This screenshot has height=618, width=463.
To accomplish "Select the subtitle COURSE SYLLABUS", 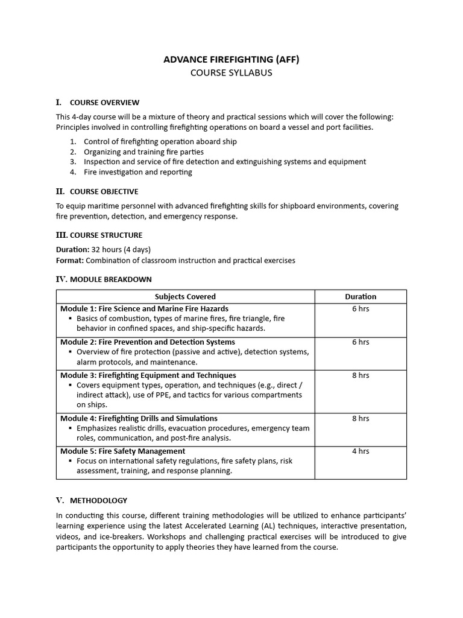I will point(231,73).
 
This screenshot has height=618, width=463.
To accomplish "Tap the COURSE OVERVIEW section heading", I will point(104,103).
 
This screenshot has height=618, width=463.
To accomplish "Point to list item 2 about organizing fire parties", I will point(143,152).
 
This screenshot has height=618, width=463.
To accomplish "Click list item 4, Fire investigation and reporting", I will point(138,172).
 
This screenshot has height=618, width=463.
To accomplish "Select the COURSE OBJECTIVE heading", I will point(104,192).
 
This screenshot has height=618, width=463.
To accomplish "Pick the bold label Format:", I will point(70,261).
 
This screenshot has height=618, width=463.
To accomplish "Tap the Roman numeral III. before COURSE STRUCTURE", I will point(61,235).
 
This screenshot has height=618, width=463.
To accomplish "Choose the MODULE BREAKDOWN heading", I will point(111,279).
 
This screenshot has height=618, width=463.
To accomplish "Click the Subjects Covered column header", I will point(185,297).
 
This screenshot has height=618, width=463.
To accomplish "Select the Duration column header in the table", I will point(361,297).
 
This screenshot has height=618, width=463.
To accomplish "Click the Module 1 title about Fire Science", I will point(144,309).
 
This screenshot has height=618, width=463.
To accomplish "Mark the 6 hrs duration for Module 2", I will point(361,342).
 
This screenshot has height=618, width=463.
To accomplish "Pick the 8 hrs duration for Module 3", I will point(361,375).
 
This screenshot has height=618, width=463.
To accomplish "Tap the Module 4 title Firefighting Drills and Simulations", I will point(139,418).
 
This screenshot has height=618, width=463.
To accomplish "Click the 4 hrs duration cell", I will point(361,451).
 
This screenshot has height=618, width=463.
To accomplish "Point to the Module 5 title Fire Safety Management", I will point(122,451).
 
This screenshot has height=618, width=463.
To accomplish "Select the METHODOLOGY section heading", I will point(98,500).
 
